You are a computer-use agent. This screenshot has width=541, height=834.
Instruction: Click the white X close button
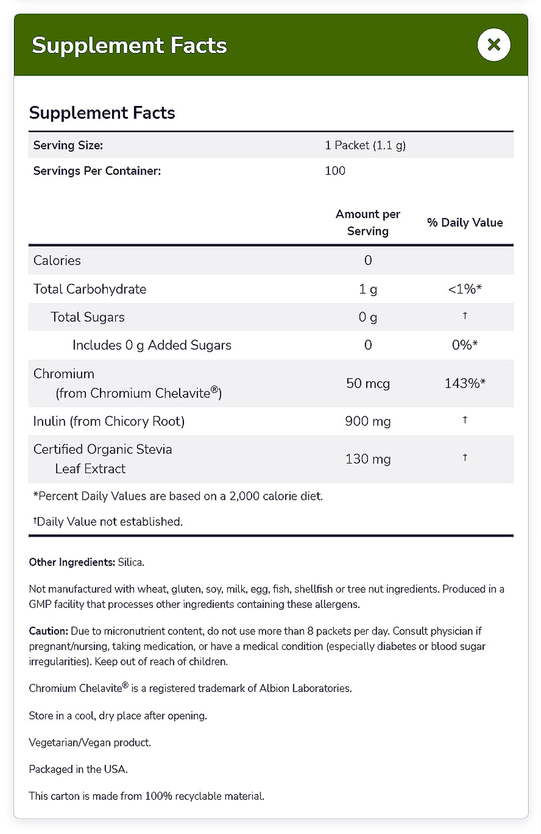coord(494,45)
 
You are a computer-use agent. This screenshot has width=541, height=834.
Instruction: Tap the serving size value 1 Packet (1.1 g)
coord(365,145)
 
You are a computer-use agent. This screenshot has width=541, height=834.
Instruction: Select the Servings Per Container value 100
coord(335,171)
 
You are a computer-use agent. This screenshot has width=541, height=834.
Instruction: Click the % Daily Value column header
coord(465,223)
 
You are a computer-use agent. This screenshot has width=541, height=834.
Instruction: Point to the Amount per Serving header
coord(368,222)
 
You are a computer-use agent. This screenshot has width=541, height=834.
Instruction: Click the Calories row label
coord(57,261)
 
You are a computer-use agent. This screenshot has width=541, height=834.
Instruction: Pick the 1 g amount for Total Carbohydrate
coord(368,289)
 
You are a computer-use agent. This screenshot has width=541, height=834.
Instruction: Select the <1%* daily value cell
coord(465,289)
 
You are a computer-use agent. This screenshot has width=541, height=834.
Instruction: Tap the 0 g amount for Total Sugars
coord(368,317)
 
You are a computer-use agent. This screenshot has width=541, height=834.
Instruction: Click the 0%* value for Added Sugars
coord(465,345)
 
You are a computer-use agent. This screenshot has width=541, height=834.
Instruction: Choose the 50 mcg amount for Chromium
coord(368,383)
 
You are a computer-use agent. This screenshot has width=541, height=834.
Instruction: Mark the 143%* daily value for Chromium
coord(465,383)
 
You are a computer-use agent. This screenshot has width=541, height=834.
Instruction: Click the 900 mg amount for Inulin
coord(368,421)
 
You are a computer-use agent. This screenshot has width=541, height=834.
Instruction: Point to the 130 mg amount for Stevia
coord(368,459)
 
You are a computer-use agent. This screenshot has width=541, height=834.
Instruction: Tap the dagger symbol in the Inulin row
coord(465,420)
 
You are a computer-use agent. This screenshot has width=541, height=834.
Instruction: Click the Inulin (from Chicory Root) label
coord(109,421)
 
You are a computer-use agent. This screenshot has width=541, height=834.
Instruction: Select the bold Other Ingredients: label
coord(72,562)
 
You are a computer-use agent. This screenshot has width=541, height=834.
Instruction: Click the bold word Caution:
coord(49,631)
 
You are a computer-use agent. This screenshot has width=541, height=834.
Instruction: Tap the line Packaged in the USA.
coord(78,769)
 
